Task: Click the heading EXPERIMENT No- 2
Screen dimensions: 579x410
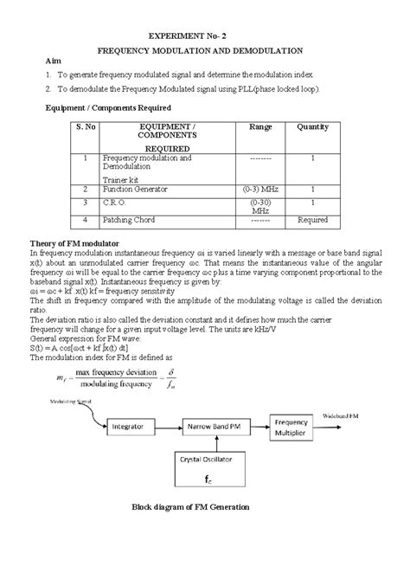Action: [204, 37]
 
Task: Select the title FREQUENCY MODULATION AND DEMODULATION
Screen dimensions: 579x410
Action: [205, 52]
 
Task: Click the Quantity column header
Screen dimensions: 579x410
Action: [312, 126]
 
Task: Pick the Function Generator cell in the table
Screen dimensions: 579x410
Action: [135, 188]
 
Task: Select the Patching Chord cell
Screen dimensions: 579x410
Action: [129, 220]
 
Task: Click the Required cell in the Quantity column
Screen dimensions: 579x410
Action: [312, 220]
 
